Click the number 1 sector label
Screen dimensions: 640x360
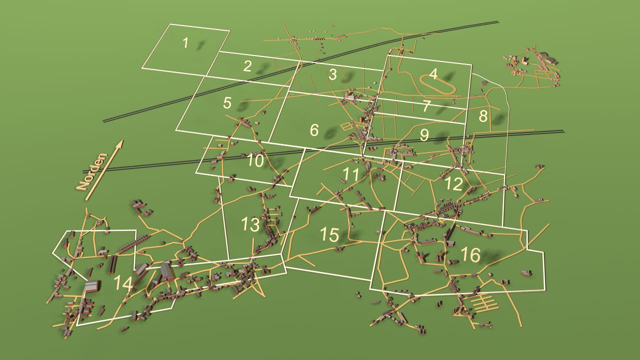tap(185, 43)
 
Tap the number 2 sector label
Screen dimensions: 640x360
tap(247, 66)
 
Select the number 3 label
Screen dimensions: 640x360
tap(333, 74)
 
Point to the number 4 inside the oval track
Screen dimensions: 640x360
tap(433, 74)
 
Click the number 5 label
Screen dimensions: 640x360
tap(227, 103)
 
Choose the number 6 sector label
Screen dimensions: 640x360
tap(314, 130)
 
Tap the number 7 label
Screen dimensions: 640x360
tap(426, 106)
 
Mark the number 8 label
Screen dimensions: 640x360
tap(483, 116)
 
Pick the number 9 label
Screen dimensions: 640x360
tap(424, 135)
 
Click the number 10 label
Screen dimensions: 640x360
tap(255, 160)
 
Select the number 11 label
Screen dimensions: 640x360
tap(351, 174)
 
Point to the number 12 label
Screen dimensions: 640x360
tap(453, 184)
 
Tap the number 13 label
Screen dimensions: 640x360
tap(250, 224)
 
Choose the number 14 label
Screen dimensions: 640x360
tap(123, 283)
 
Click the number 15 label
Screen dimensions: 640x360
tap(329, 234)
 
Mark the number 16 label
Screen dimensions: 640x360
tap(471, 254)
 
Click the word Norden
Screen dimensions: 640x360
tap(92, 172)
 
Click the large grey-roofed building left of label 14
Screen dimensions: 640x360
tap(92, 285)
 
